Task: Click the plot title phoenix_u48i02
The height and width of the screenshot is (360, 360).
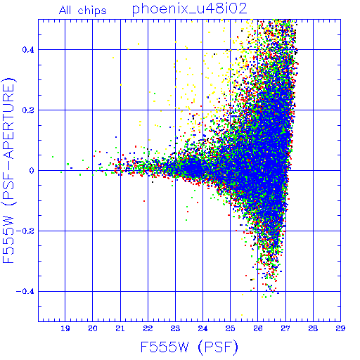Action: coord(190,9)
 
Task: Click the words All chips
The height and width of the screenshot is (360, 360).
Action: coord(83,11)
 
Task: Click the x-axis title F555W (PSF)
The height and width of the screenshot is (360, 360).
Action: coord(189,347)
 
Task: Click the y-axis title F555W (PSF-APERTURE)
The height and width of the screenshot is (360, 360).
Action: coord(9,170)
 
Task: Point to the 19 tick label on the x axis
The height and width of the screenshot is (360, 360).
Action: coord(65,328)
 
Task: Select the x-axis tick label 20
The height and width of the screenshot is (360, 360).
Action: coord(93,328)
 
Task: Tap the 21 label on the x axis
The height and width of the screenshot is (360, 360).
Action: coord(120,328)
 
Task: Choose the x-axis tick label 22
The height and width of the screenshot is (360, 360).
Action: coord(148,328)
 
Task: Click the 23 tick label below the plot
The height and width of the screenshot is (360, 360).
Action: coord(175,328)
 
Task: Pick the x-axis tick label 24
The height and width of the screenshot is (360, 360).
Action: coord(202,328)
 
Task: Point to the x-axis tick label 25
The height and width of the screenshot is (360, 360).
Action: coord(230,328)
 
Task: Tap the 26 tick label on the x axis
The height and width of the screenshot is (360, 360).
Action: coord(258,328)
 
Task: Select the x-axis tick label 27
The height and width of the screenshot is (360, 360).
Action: coord(285,328)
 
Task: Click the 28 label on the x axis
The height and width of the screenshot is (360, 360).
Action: coord(313,328)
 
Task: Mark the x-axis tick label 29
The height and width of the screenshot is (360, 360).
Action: coord(340,328)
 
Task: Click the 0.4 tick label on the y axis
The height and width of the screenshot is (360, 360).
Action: coord(28,50)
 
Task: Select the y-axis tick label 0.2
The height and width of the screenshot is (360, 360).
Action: coord(28,110)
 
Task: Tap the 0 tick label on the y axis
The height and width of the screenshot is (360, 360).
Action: coord(32,171)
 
